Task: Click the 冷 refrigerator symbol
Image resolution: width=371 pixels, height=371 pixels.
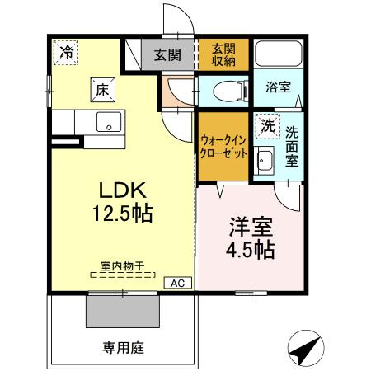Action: [66, 52]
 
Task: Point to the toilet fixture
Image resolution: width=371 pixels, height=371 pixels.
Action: [227, 92]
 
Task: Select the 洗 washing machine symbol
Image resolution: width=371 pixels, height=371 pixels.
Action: [265, 126]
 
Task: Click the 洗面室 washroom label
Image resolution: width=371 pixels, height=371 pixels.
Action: [292, 147]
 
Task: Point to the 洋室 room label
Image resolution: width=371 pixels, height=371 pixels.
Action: [249, 224]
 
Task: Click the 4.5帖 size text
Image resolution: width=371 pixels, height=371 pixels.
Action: [249, 247]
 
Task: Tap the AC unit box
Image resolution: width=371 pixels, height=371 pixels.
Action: [177, 283]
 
